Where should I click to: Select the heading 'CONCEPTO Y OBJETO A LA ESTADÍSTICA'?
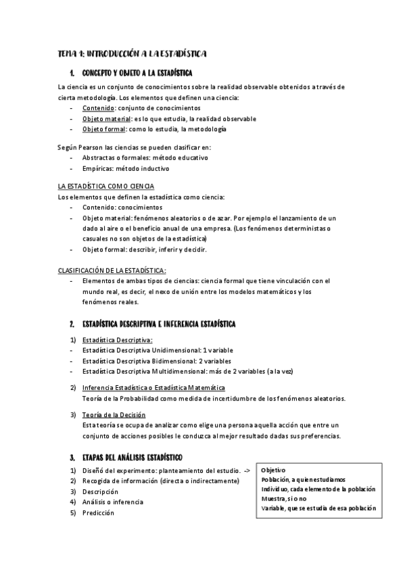[x=137, y=72]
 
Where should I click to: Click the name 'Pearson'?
[x=101, y=147]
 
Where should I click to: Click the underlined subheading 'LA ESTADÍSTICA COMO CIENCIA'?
[x=107, y=186]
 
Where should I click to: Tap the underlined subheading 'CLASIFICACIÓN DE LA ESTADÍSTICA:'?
[x=112, y=270]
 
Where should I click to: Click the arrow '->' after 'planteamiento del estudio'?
[x=247, y=470]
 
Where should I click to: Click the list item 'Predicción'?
[x=98, y=513]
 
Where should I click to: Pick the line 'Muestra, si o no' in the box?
[x=285, y=499]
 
